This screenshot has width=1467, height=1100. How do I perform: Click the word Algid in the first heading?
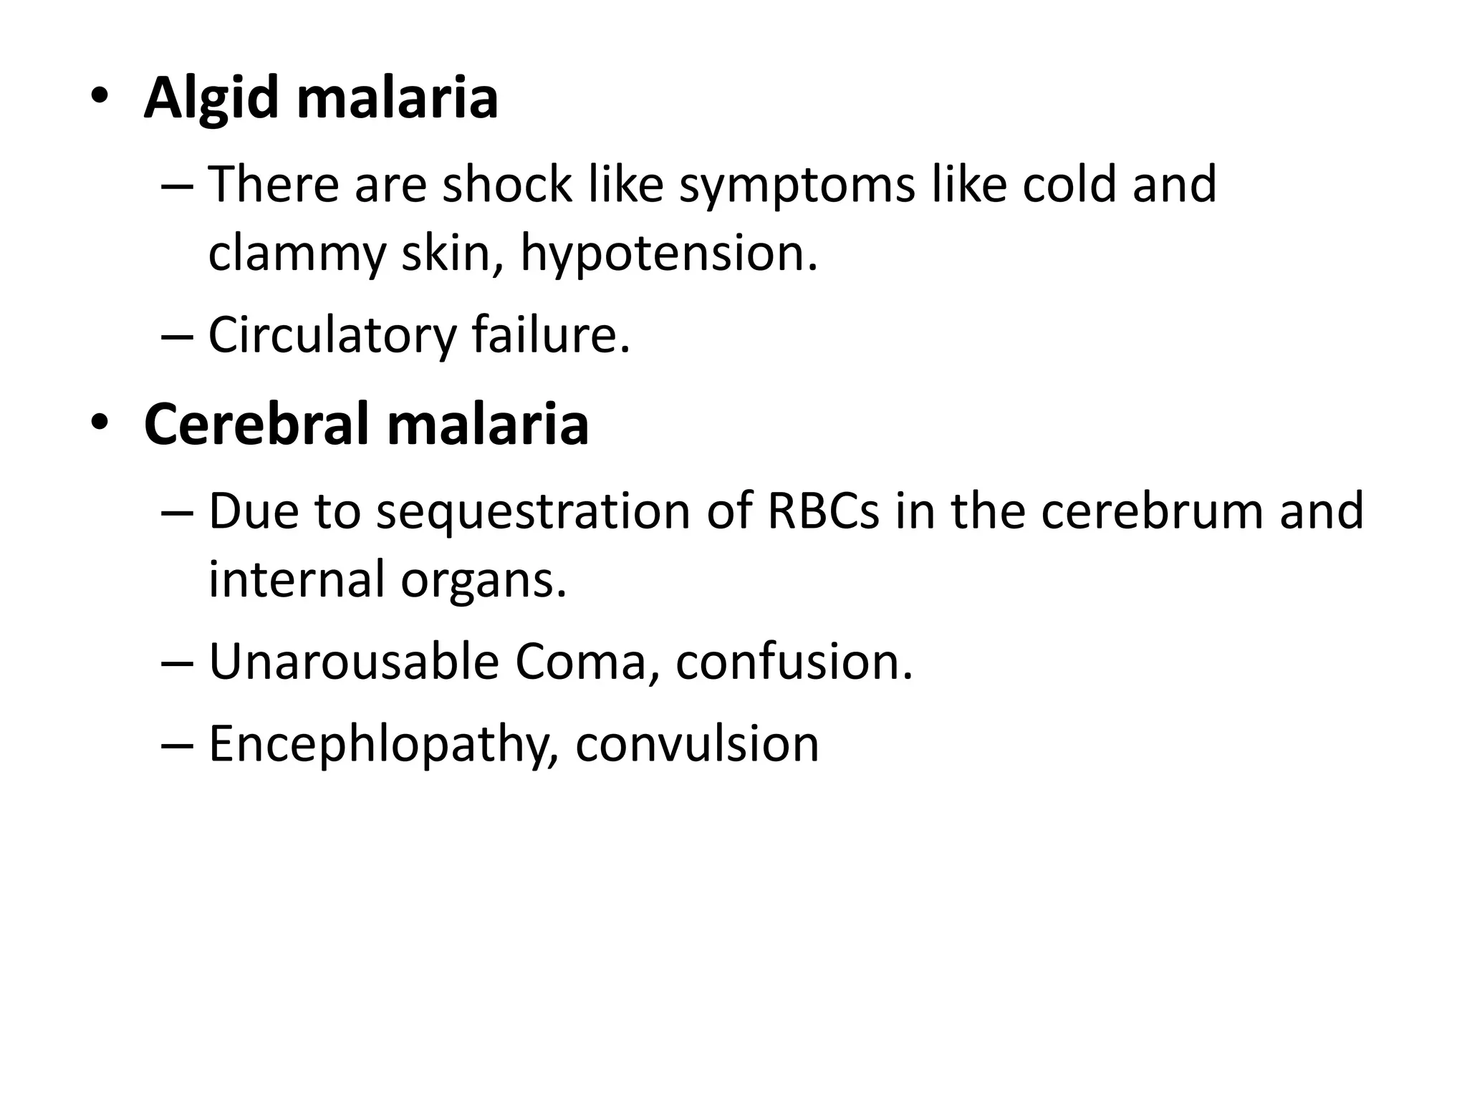[x=211, y=98]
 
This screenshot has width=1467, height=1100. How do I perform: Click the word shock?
[x=506, y=184]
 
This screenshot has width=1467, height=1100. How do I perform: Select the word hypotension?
[x=668, y=254]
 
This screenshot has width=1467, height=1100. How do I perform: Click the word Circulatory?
[x=332, y=335]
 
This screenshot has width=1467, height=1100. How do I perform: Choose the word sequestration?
[x=533, y=512]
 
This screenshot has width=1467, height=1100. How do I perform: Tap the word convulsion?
[x=697, y=743]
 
